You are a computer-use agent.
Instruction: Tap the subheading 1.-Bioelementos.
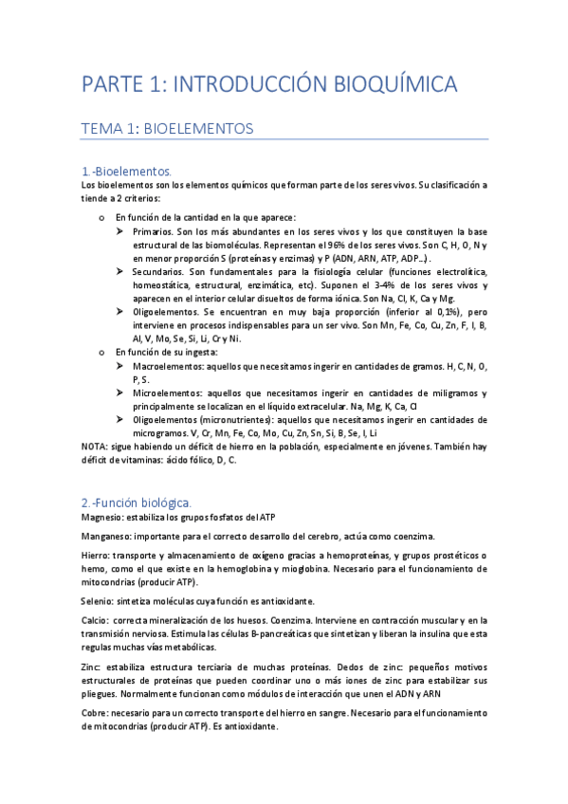point(126,172)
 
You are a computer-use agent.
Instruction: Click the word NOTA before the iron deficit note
point(94,446)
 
